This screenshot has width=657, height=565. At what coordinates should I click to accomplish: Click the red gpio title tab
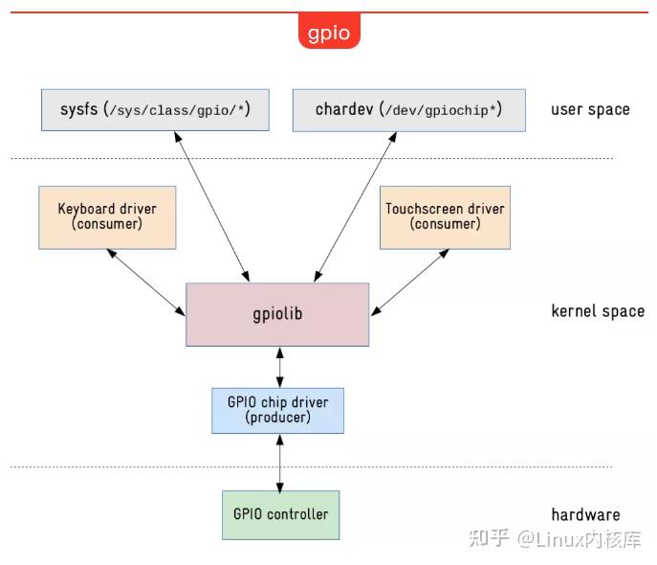329,33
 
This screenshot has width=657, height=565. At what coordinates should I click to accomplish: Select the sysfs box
155,110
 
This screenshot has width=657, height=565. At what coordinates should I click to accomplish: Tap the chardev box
408,110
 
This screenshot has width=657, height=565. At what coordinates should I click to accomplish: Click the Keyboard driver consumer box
107,216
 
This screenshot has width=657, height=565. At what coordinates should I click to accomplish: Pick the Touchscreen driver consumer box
445,216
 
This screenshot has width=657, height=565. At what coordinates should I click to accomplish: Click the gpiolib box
277,314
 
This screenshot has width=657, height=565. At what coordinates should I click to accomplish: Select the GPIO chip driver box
277,410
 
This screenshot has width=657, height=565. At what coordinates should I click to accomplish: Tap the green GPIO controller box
280,514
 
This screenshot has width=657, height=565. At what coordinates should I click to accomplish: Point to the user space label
590,109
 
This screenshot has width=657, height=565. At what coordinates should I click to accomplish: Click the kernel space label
598,311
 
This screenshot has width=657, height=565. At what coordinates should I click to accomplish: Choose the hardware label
585,514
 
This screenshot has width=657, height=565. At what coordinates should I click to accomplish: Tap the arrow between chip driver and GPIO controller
279,462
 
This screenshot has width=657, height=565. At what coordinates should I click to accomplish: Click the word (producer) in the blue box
277,418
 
